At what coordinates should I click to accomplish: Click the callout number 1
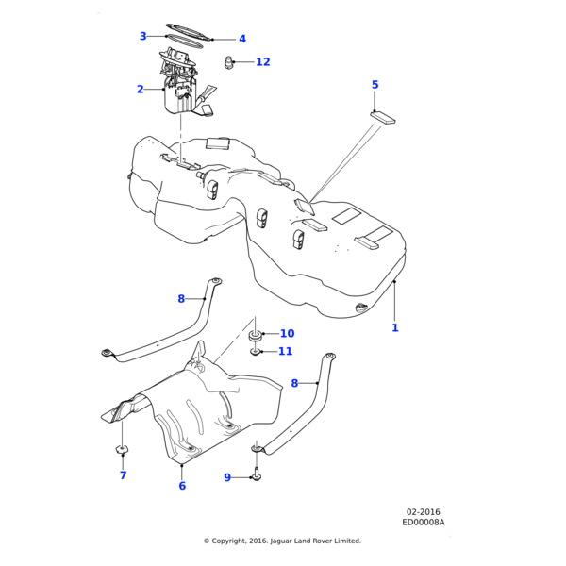[395, 328]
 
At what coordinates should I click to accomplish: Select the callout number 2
[141, 90]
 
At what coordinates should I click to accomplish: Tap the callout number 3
[143, 37]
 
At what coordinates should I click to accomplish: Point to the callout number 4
[242, 40]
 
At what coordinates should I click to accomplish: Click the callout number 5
[375, 85]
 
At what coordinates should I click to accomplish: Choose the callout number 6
[182, 486]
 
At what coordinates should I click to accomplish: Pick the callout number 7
[123, 475]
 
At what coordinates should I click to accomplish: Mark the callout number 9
[227, 477]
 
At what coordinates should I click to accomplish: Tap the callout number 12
[262, 62]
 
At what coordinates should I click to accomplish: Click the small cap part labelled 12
[229, 63]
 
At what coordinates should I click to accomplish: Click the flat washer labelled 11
[256, 352]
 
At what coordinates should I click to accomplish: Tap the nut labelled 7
[123, 448]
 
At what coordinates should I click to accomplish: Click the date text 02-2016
[424, 512]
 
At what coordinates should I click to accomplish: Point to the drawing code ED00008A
[424, 522]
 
